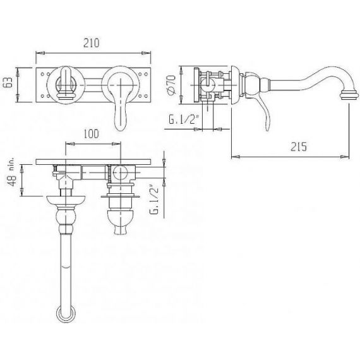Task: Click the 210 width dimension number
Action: (x=92, y=43)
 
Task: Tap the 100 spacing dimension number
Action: (x=91, y=134)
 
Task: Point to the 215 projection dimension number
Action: (x=299, y=147)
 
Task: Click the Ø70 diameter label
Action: (x=172, y=85)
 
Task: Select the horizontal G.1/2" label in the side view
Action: (x=183, y=119)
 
